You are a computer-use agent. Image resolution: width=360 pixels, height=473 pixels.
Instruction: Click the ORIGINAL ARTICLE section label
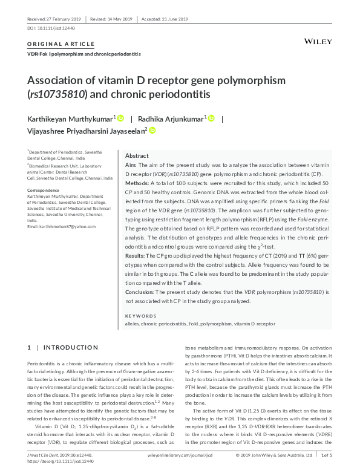[x=61, y=44]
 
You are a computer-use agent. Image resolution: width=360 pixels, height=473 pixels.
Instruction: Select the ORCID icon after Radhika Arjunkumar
[x=211, y=119]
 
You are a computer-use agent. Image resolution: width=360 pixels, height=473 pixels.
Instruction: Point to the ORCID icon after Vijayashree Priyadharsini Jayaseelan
[x=152, y=130]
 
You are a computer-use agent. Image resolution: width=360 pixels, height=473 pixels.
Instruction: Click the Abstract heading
[x=136, y=155]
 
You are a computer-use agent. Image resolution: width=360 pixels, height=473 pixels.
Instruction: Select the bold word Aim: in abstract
[x=131, y=165]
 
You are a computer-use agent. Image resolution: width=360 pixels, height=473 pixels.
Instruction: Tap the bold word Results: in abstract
[x=136, y=256]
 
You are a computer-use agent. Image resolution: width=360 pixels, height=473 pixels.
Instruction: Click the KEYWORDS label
[x=140, y=316]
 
